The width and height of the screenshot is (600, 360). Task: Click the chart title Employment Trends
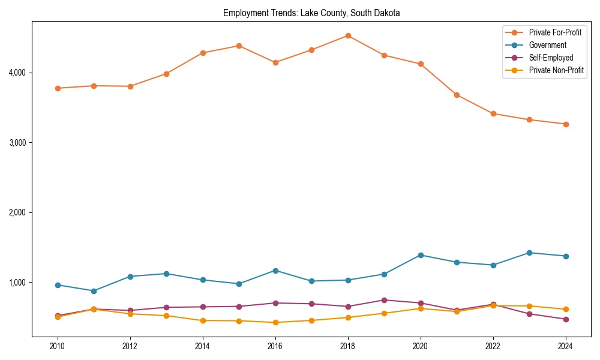tap(311, 13)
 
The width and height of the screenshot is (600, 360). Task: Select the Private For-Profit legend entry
tap(555, 32)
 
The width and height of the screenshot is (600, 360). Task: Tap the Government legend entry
tap(547, 45)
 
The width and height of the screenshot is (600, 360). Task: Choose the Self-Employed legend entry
tap(551, 58)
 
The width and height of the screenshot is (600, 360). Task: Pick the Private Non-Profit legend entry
tap(556, 70)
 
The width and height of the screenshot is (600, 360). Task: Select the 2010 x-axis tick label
tap(58, 346)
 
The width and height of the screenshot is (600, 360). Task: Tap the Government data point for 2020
tap(421, 255)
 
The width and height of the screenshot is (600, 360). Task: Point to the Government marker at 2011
tap(94, 291)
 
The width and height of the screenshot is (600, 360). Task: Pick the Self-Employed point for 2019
tap(384, 300)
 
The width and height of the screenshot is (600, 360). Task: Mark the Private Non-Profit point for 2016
tap(275, 322)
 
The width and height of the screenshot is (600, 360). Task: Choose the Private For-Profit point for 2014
tap(203, 53)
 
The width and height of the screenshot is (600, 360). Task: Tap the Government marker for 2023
tap(529, 253)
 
